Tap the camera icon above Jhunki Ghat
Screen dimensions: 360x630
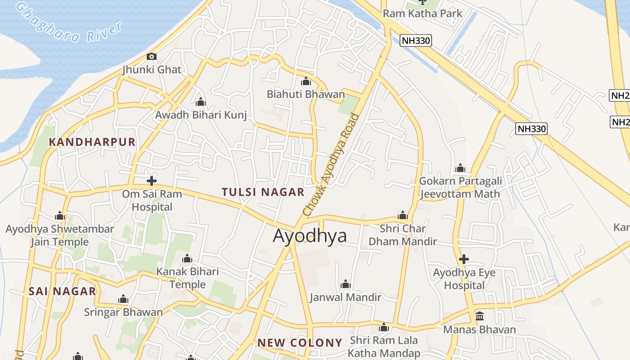pos(152,56)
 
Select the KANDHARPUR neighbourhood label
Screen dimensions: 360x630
pos(92,142)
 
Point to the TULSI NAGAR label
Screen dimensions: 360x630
pos(263,192)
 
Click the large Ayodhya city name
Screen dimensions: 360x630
pos(310,236)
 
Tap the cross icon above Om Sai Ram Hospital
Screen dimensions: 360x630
pos(152,181)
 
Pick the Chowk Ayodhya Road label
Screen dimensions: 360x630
pos(332,165)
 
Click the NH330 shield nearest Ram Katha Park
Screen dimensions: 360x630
pos(416,40)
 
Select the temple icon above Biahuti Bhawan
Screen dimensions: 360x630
pos(306,81)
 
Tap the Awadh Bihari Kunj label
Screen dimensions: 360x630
pos(201,115)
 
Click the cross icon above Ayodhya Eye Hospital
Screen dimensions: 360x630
pos(464,259)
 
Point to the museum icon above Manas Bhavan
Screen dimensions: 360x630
pos(480,316)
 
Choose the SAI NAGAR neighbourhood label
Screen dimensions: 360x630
pos(63,291)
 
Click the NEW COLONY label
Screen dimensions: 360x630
pos(300,343)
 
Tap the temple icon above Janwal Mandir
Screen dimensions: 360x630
pos(346,284)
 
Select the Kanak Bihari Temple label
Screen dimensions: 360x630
pos(188,278)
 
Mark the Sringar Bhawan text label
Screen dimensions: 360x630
pos(123,312)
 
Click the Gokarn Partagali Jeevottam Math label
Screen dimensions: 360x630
pos(460,187)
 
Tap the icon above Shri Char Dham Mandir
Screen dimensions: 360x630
pos(403,215)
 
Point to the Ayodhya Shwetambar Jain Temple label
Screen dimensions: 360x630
pos(60,235)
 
